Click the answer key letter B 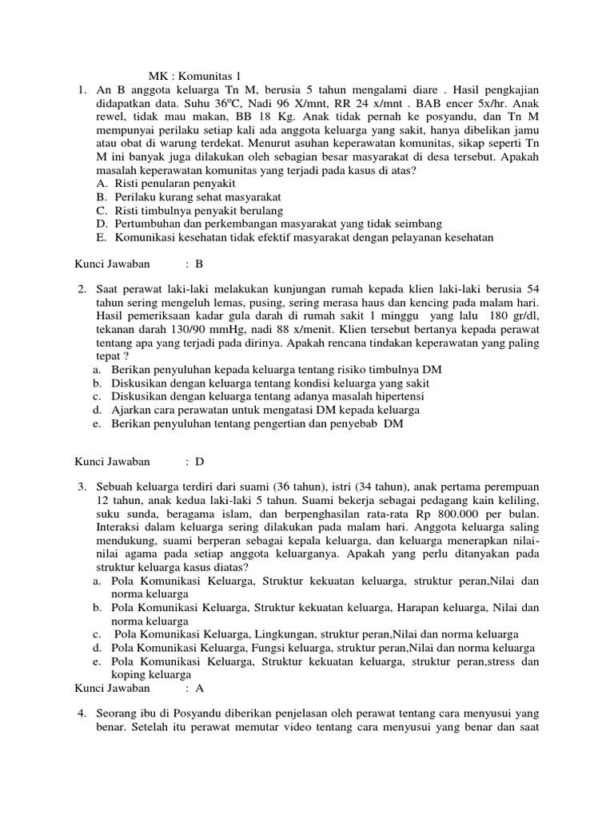point(200,263)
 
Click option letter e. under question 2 point(95,423)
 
